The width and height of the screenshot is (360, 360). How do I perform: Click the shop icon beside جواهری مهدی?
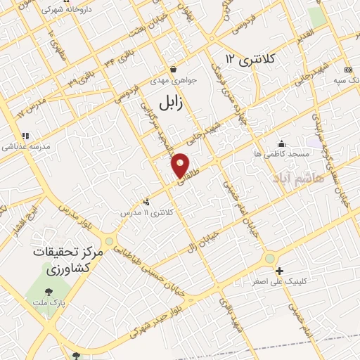[x=173, y=70]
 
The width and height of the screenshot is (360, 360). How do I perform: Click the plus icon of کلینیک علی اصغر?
[x=279, y=271]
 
